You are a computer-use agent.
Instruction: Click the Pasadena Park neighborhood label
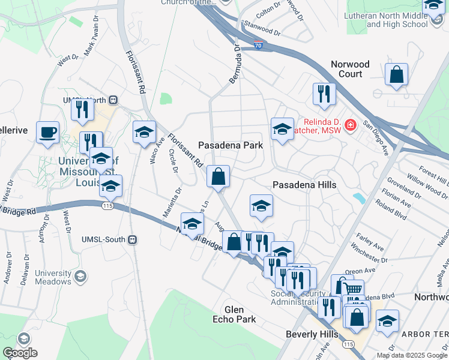tap(231, 145)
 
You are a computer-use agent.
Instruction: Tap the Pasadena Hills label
tap(304, 185)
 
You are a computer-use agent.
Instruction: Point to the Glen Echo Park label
tap(234, 314)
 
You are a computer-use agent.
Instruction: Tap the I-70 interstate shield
tap(258, 44)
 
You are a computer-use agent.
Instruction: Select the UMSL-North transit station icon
tap(113, 100)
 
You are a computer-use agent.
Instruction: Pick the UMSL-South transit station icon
tap(133, 239)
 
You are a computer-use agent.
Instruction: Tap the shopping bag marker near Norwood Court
tap(396, 74)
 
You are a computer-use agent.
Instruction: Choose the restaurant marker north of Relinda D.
tap(324, 93)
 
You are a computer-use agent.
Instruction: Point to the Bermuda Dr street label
tap(234, 64)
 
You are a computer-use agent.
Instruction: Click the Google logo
tap(20, 353)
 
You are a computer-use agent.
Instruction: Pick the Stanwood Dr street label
tap(261, 28)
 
